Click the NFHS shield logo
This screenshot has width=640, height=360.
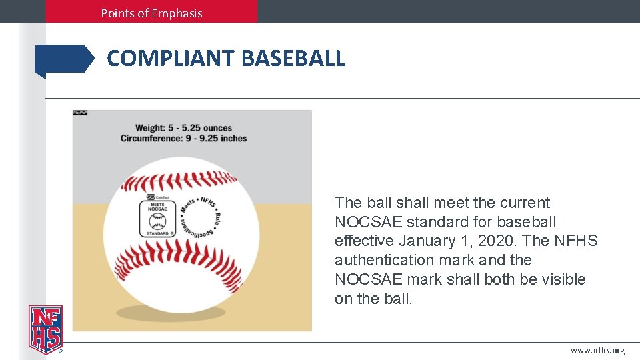tap(45, 329)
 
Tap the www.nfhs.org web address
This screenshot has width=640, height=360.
tap(597, 351)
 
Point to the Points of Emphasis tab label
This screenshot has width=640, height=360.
tap(151, 13)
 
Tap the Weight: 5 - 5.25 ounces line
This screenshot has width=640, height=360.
tap(183, 127)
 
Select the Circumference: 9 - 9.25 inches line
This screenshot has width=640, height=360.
tap(183, 139)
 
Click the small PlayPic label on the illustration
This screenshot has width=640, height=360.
tap(80, 113)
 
